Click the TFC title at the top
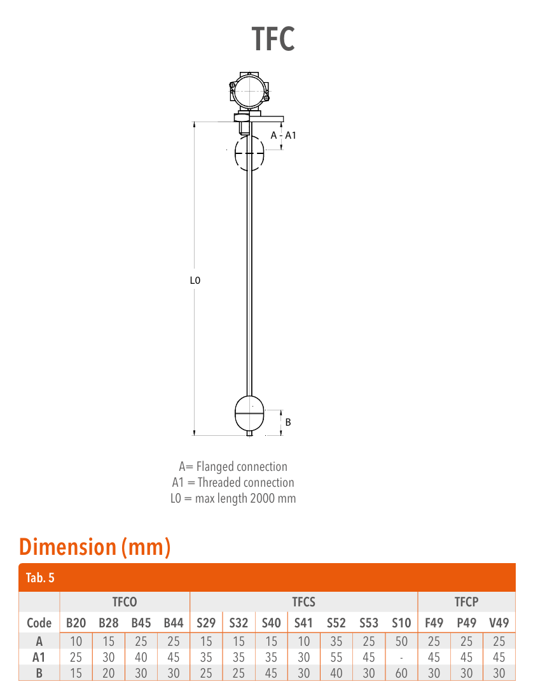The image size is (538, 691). (273, 39)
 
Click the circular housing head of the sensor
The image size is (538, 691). (249, 91)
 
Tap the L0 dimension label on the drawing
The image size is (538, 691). (195, 280)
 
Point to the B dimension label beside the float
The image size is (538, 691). (288, 422)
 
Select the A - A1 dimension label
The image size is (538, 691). (283, 136)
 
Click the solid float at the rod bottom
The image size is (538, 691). (249, 414)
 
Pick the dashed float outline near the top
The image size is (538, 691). (249, 153)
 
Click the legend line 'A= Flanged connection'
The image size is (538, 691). (233, 466)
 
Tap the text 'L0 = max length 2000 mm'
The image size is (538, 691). (233, 498)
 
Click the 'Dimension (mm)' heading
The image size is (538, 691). (95, 547)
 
